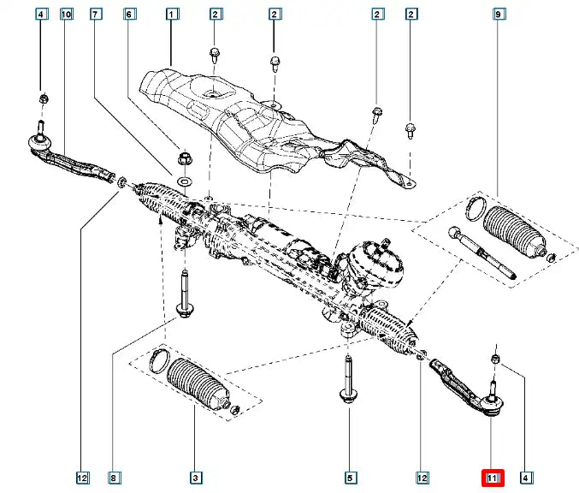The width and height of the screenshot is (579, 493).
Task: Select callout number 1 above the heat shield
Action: (x=171, y=14)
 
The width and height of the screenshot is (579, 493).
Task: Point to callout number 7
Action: (x=96, y=14)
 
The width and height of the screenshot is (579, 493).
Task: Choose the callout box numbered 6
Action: (x=129, y=14)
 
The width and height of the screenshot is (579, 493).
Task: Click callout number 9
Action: (x=499, y=14)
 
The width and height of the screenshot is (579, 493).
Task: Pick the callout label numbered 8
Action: (x=113, y=478)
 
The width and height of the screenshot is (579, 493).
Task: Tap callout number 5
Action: (x=349, y=478)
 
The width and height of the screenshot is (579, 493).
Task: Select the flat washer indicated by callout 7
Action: (x=186, y=182)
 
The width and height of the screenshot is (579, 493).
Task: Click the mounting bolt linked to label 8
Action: (x=183, y=295)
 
